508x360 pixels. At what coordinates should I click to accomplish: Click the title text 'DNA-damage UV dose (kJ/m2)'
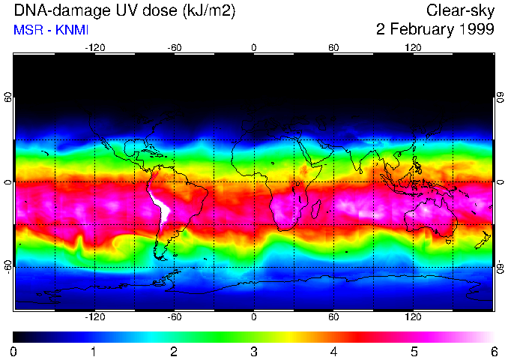pos(121,10)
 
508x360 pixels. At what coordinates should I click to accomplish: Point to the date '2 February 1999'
pos(435,30)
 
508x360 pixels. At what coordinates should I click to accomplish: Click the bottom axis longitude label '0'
pos(254,316)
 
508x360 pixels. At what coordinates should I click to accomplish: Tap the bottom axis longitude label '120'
pos(414,316)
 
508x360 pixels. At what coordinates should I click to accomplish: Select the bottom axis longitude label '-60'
pos(175,316)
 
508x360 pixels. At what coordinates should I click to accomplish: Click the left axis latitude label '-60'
pos(8,266)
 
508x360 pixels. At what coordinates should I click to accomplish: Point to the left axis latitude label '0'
pos(8,182)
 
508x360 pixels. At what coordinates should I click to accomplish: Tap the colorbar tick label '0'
pos(14,351)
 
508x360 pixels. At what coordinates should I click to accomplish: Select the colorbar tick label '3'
pos(254,351)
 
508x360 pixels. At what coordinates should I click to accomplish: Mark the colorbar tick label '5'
pos(414,351)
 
